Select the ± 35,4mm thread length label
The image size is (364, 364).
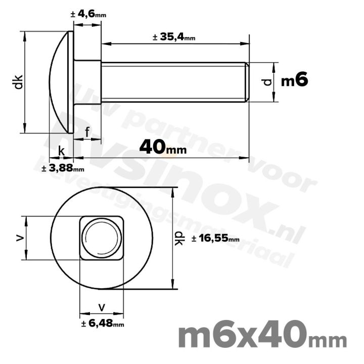point(173,37)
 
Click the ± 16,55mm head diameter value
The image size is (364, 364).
point(215,239)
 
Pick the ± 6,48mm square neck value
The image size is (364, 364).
point(102,324)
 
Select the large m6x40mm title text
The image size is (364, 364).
point(263,335)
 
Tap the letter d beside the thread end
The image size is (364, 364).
point(267,81)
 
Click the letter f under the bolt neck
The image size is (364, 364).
point(87,132)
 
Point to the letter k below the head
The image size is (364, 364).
point(61,151)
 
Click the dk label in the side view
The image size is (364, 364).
point(18,82)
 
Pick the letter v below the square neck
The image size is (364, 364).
point(102,306)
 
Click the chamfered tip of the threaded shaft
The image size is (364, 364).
point(246,82)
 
